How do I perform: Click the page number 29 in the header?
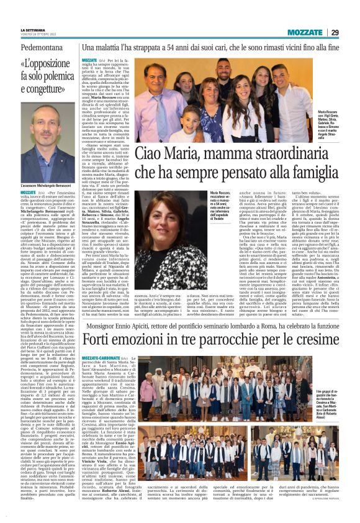(x=351, y=32)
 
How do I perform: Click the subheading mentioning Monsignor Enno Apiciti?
(x=211, y=326)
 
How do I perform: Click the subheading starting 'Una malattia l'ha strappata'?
(x=211, y=47)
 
